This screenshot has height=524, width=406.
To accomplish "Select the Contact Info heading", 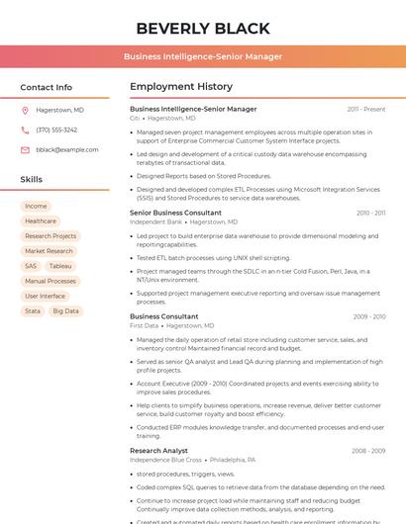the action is [x=46, y=87].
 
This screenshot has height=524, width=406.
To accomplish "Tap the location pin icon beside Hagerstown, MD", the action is [x=25, y=111].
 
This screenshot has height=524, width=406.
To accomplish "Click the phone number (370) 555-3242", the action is [x=56, y=131].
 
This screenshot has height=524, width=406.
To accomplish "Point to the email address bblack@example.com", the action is [x=67, y=150].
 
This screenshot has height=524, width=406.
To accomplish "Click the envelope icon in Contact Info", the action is [x=25, y=150].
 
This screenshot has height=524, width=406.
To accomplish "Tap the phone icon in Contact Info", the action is [x=25, y=131].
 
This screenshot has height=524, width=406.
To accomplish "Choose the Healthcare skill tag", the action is [x=41, y=221].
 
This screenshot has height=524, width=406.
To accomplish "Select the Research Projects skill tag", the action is [x=51, y=236].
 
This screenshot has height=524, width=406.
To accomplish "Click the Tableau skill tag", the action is [x=60, y=266].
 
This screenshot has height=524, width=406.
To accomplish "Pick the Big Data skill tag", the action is [x=65, y=310].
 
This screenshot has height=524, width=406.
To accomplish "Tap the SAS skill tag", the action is [x=31, y=266].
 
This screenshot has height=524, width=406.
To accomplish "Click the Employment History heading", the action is [x=181, y=87].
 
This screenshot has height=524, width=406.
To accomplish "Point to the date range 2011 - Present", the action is [x=366, y=110].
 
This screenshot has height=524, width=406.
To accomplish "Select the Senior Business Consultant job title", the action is [x=175, y=214].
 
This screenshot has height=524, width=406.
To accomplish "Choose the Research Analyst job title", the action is [x=158, y=451].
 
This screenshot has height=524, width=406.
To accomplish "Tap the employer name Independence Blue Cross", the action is [x=165, y=460].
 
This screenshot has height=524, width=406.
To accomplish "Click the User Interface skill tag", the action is [x=45, y=296].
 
